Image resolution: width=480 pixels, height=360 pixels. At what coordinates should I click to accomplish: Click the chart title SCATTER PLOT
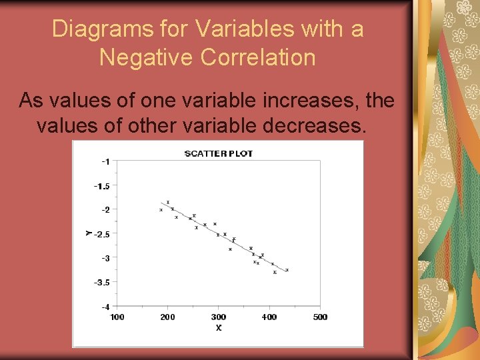pyautogui.click(x=219, y=153)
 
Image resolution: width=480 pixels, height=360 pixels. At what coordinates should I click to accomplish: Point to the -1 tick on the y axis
pyautogui.click(x=105, y=161)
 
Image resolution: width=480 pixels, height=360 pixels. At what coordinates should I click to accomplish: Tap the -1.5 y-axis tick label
pyautogui.click(x=102, y=186)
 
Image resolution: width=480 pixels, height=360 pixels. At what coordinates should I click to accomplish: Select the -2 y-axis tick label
pyautogui.click(x=105, y=209)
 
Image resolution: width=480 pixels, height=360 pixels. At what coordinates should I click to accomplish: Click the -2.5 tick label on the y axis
pyautogui.click(x=102, y=234)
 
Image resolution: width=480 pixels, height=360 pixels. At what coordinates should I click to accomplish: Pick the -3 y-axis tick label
pyautogui.click(x=105, y=258)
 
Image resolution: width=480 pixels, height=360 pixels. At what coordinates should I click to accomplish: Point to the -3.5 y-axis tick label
pyautogui.click(x=102, y=283)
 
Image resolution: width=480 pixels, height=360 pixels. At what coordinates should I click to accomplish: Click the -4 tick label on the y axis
pyautogui.click(x=105, y=307)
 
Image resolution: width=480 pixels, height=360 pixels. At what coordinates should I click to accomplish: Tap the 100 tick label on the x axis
pyautogui.click(x=117, y=317)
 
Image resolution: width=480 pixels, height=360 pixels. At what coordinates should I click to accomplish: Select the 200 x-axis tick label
pyautogui.click(x=167, y=317)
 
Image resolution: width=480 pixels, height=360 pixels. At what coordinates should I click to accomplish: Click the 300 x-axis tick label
pyautogui.click(x=219, y=317)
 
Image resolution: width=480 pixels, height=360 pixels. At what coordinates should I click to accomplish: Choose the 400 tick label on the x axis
pyautogui.click(x=269, y=317)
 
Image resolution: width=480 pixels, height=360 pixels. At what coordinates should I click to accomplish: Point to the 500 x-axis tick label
pyautogui.click(x=320, y=317)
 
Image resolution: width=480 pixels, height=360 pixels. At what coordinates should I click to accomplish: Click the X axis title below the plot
pyautogui.click(x=219, y=327)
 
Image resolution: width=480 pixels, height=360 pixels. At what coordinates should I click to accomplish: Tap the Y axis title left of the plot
pyautogui.click(x=88, y=233)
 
